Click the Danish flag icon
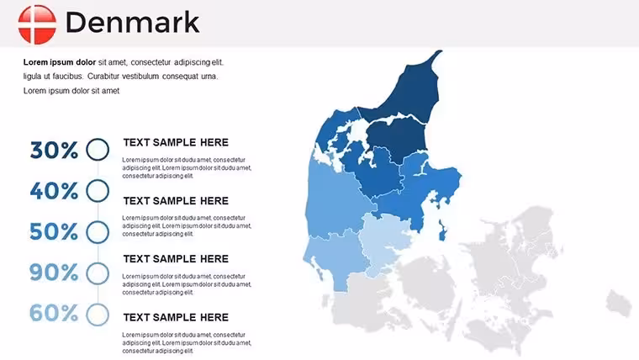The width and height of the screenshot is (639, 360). pos(37,24)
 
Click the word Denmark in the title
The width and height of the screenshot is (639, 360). pos(133,23)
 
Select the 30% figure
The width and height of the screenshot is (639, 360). pos(54,150)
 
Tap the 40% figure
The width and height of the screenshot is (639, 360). pos(54,191)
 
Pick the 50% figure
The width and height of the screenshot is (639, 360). pos(54,231)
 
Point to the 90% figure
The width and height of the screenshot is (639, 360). pos(54,273)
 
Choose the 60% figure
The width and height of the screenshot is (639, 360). pos(54,313)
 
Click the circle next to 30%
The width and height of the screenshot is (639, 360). pos(98,138)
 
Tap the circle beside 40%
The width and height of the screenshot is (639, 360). pos(98,179)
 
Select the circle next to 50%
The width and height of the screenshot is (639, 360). pos(98,220)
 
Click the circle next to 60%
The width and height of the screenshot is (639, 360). pos(98,304)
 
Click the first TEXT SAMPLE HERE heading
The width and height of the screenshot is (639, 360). pos(176,142)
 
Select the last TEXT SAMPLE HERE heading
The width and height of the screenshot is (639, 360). pos(176,317)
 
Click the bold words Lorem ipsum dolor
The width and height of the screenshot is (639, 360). pos(60,62)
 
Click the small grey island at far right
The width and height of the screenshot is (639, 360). pos(619,304)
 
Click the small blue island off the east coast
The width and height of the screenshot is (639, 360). pos(442,230)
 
